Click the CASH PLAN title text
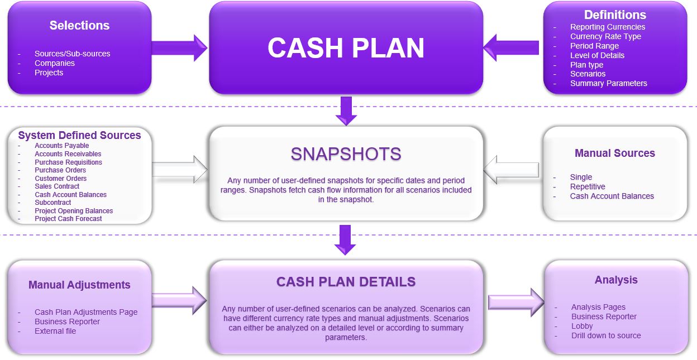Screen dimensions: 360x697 pos(346,48)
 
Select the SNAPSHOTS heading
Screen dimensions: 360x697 pos(346,153)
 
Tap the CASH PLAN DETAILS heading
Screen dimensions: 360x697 pos(346,282)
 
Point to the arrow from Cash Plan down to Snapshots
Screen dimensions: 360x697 pos(346,110)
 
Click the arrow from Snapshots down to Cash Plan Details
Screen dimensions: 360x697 pos(346,239)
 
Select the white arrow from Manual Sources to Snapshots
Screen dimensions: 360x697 pos(511,170)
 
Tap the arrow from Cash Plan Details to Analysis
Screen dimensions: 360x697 pos(515,303)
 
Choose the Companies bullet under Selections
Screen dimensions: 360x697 pos(55,63)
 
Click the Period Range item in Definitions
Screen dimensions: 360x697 pos(594,46)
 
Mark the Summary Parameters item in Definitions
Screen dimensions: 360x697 pos(608,83)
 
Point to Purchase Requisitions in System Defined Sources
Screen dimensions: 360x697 pos(68,162)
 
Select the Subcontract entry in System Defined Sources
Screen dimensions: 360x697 pos(52,203)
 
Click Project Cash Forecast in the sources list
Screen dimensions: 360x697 pos(68,219)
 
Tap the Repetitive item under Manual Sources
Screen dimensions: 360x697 pos(588,186)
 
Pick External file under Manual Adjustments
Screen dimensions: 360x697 pos(55,331)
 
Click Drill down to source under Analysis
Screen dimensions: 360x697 pos(606,335)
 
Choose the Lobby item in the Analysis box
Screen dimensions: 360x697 pos(583,326)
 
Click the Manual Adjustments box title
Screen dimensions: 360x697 pos(79,285)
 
